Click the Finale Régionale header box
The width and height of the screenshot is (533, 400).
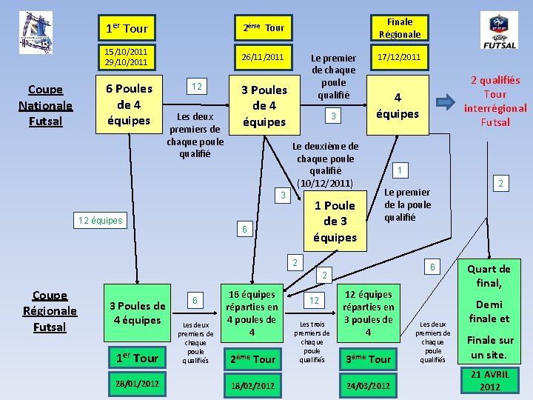pos(400,28)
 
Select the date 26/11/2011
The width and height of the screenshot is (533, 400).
pos(264,57)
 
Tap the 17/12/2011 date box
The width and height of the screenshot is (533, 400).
pos(400,57)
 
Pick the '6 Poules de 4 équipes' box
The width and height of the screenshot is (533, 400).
pos(130,104)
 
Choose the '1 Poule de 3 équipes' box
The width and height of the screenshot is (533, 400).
pos(335,221)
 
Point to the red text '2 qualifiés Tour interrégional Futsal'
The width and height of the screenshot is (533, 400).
pos(495,101)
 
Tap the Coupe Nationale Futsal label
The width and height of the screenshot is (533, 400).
pos(45,105)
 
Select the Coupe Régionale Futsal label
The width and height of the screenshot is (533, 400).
pos(50,311)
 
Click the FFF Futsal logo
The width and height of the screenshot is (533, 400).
pos(499,31)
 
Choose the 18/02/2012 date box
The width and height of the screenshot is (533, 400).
pos(252,385)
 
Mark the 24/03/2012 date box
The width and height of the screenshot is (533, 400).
pos(369,385)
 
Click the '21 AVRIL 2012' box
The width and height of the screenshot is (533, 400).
pos(489,381)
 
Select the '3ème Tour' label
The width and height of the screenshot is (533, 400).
pos(368,359)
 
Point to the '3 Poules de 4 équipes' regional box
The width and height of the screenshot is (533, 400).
pos(137,313)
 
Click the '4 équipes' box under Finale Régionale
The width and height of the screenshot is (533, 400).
pos(398,105)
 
